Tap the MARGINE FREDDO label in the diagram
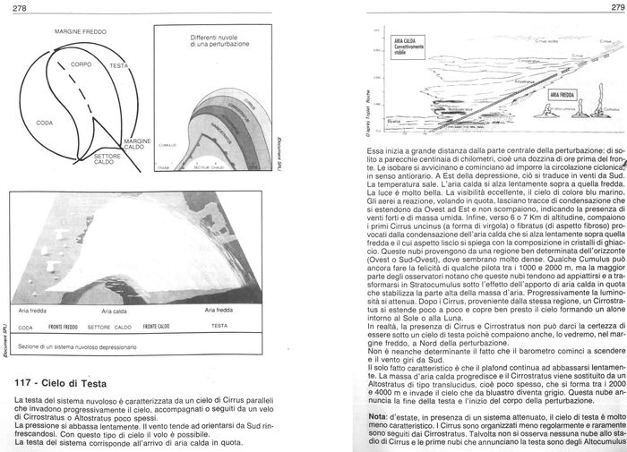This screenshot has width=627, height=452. (81, 32)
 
